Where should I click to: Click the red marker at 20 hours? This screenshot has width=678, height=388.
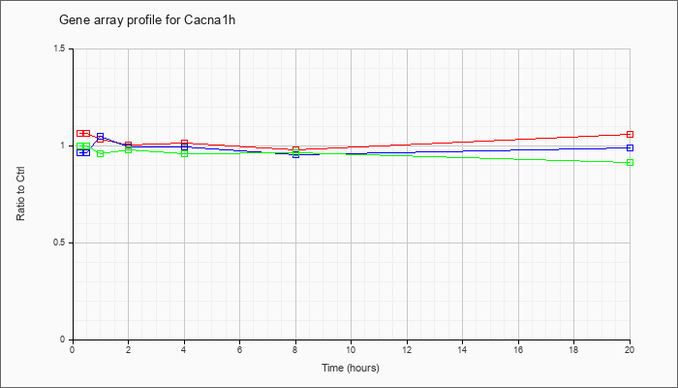(630, 134)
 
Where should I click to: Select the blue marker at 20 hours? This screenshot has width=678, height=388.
(630, 147)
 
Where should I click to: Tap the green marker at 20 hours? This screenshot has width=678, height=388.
(630, 162)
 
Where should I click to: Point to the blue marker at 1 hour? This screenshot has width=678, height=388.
(101, 136)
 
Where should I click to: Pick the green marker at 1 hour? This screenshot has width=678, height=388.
(101, 153)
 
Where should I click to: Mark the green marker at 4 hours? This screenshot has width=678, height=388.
(184, 153)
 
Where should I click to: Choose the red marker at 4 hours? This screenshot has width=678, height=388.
(184, 143)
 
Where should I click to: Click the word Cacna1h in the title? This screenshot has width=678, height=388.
(210, 20)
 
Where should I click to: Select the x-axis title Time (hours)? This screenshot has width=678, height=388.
(351, 368)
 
